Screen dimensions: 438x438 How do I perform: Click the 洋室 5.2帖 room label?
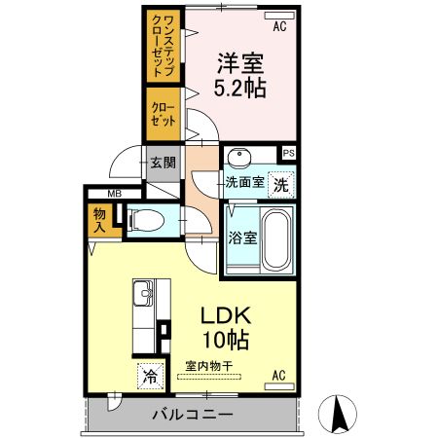(239, 74)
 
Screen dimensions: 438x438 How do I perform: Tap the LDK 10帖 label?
(226, 327)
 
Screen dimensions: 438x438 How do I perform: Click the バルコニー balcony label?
(192, 416)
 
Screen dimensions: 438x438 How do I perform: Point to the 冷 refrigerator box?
(151, 374)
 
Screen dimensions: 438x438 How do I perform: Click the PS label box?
(287, 153)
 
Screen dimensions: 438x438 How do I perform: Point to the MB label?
(114, 195)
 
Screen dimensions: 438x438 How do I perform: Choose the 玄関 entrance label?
(162, 164)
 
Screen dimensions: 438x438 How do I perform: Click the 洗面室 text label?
(244, 182)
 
